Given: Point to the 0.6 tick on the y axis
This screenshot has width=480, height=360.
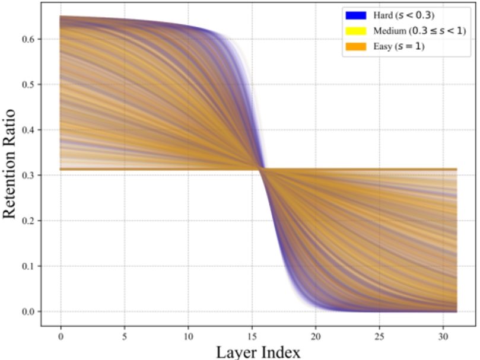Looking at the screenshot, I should click(x=30, y=39).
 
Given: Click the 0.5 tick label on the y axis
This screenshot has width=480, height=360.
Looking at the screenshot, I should click(x=30, y=85).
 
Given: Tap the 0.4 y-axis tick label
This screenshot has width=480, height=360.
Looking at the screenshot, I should click(x=30, y=130).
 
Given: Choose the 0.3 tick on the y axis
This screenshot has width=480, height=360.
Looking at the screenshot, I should click(x=30, y=176).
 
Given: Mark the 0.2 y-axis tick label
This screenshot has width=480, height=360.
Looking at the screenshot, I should click(x=30, y=221).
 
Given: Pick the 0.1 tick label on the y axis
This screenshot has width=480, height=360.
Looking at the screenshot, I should click(x=30, y=266).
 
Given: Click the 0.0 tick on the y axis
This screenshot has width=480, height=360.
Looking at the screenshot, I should click(x=30, y=311).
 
